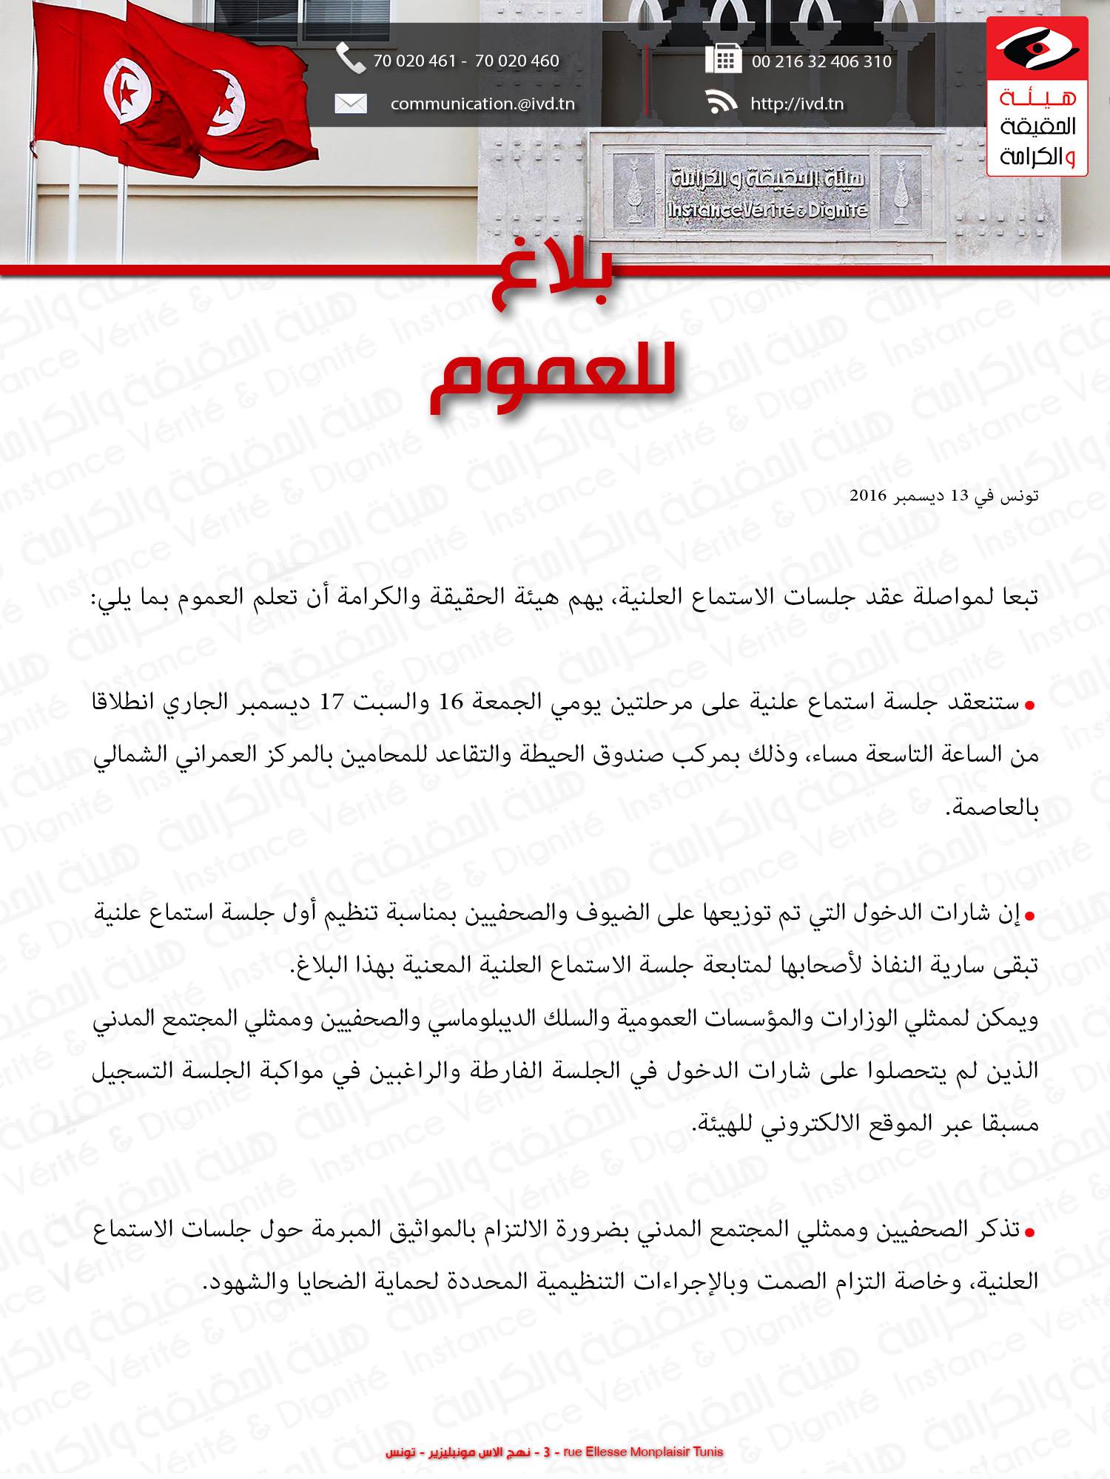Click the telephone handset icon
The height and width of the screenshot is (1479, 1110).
click(x=350, y=58)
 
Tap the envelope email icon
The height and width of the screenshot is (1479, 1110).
click(x=350, y=104)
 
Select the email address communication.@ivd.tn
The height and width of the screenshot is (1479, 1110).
click(x=482, y=104)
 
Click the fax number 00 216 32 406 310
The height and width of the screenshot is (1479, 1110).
click(x=821, y=61)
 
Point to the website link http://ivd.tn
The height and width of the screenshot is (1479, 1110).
click(x=797, y=104)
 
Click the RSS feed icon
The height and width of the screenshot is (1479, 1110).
click(x=722, y=103)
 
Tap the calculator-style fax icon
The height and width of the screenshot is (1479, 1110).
click(x=722, y=59)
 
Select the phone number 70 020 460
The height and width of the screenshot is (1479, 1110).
click(x=517, y=61)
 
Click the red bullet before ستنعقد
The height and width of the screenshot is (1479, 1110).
click(x=1028, y=705)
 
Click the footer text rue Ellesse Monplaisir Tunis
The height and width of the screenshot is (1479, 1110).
click(x=643, y=1452)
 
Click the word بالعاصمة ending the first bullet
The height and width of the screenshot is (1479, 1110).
click(x=995, y=808)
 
